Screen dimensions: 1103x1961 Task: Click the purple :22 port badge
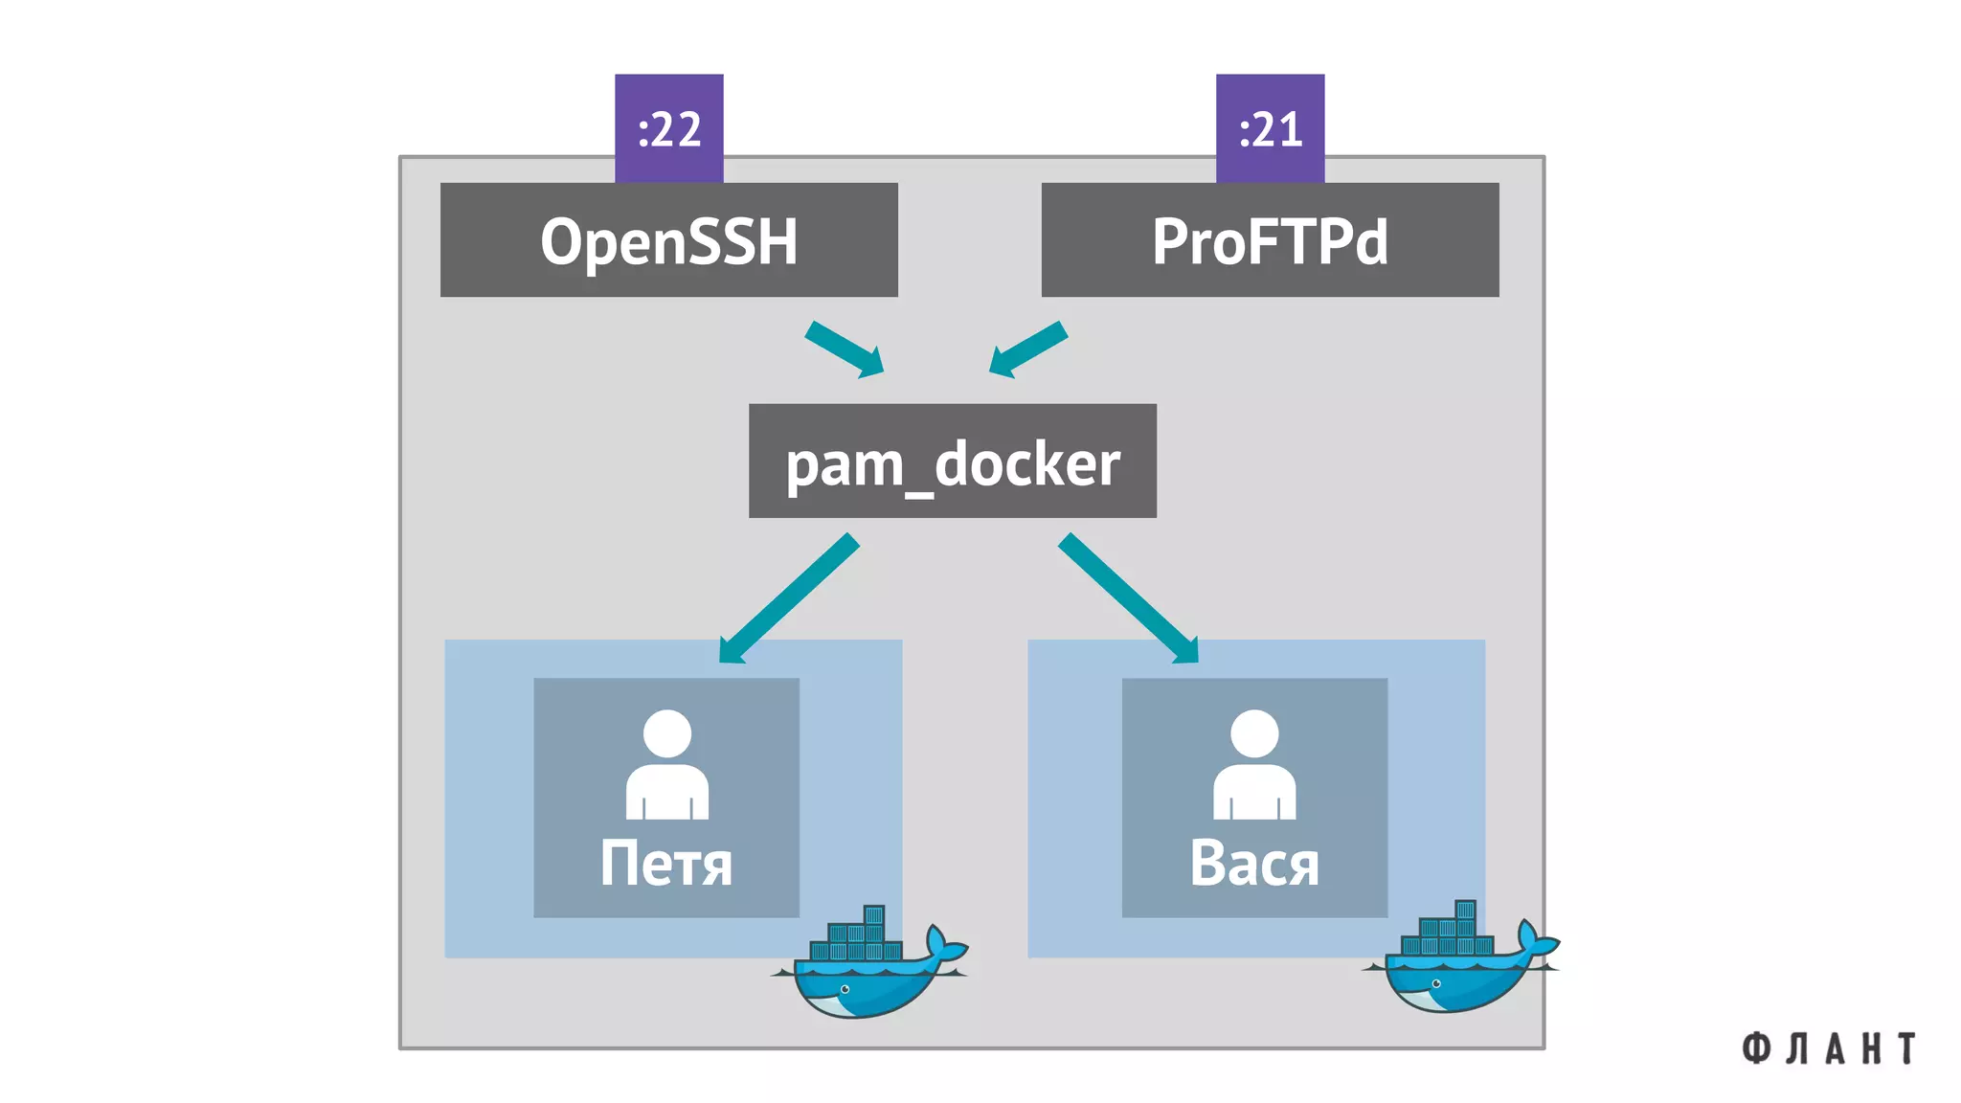[x=668, y=127]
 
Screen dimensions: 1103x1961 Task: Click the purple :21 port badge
[x=1270, y=127]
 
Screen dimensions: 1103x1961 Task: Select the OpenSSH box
[x=668, y=239]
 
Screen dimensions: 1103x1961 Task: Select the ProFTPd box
[x=1270, y=239]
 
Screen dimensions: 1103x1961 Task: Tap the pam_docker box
[x=952, y=461]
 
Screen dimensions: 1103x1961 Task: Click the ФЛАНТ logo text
[x=1828, y=1048]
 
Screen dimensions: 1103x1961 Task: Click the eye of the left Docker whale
[x=845, y=989]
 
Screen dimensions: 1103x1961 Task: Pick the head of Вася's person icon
[x=1254, y=732]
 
